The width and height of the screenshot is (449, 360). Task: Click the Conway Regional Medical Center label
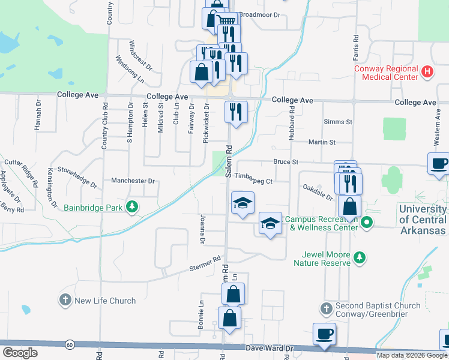(385, 73)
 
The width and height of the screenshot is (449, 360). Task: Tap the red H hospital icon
(427, 73)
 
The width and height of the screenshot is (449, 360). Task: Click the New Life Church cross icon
(65, 300)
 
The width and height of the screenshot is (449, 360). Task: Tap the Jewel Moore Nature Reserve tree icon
(359, 258)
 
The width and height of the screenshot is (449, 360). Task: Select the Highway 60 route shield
(70, 344)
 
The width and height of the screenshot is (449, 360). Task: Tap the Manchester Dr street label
(133, 180)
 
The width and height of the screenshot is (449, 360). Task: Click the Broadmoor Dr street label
(259, 14)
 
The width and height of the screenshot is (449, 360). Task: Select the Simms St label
(337, 122)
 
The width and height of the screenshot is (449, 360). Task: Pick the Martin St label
(321, 142)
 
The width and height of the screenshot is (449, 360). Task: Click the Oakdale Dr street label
(318, 191)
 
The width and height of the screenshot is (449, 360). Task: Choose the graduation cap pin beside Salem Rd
(243, 203)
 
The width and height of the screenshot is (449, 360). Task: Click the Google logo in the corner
(20, 352)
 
